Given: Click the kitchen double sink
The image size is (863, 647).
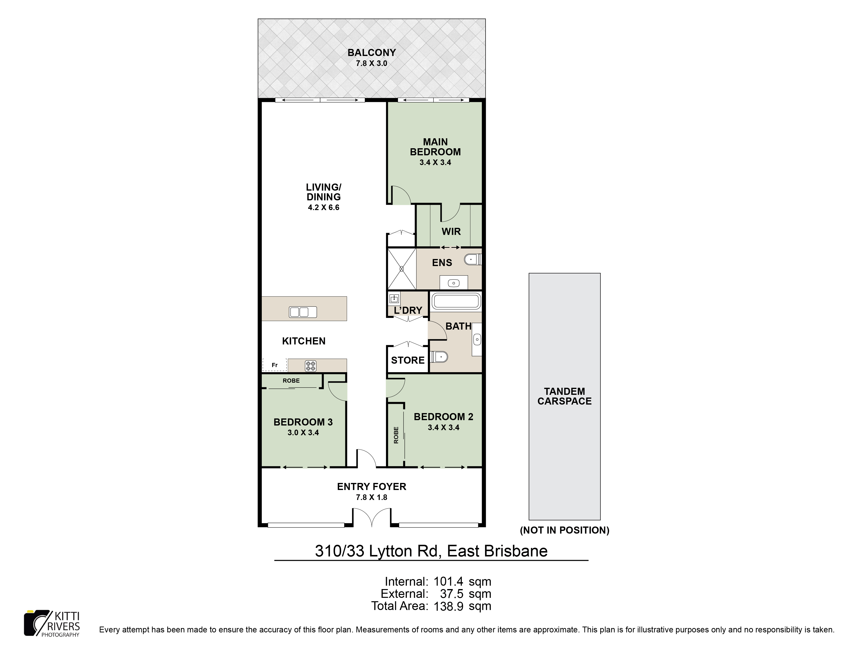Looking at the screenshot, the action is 303,312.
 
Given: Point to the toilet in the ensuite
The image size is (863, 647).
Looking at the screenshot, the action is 473,259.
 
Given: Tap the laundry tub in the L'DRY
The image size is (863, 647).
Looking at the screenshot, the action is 394,299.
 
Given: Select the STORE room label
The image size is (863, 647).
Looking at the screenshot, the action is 408,360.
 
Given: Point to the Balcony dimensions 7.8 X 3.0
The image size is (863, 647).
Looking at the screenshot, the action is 371,63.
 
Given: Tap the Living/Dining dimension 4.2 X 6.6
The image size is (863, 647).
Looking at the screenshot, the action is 323,207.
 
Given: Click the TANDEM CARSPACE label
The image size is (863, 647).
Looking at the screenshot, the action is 564,396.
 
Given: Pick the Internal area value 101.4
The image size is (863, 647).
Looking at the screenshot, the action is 448,582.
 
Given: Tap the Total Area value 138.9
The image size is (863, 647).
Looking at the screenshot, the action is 448,606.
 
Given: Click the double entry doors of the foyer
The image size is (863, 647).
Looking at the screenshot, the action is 372,517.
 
